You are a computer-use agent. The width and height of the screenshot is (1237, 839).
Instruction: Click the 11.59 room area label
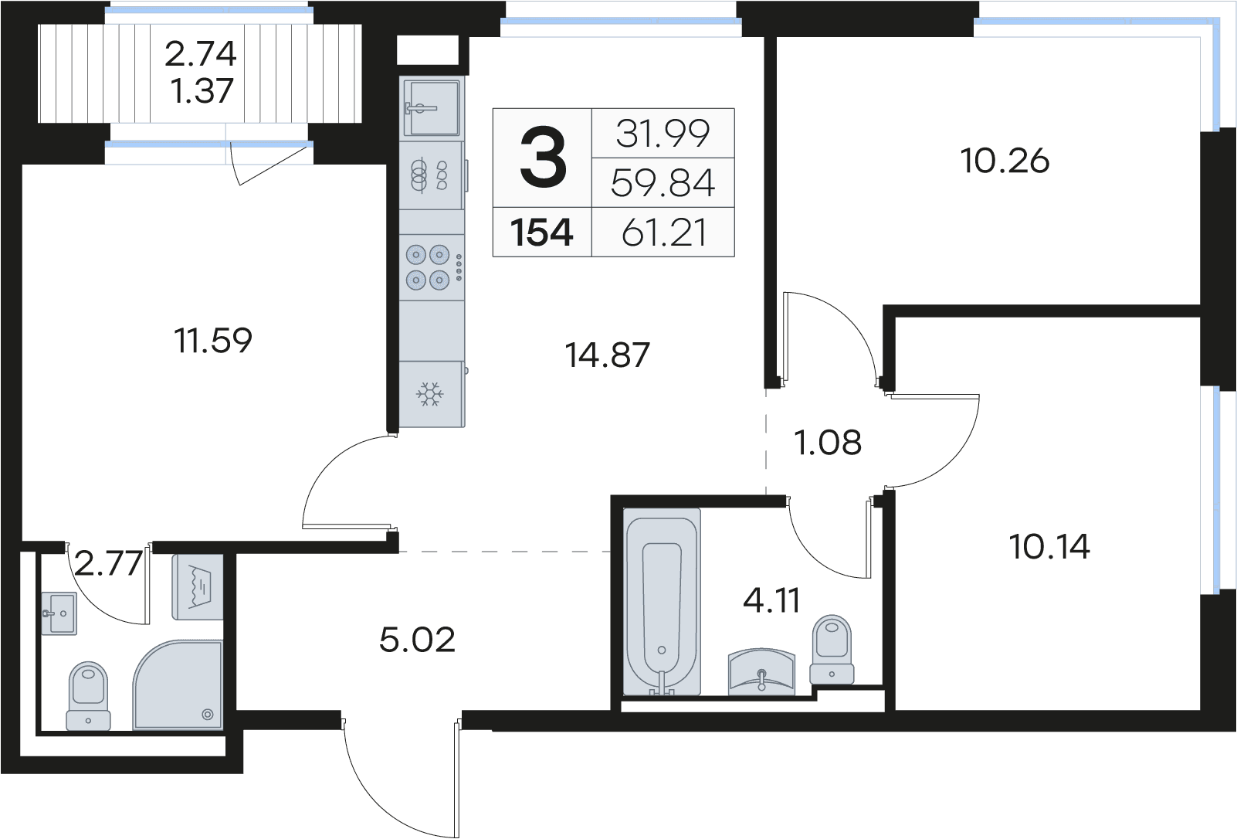click(213, 340)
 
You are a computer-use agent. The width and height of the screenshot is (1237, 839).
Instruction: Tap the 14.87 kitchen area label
click(607, 355)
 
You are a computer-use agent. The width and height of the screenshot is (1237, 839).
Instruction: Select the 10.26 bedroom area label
click(1005, 161)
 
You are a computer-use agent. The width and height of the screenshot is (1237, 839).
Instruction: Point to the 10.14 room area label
click(1049, 547)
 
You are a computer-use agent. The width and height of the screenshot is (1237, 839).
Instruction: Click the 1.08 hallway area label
click(827, 443)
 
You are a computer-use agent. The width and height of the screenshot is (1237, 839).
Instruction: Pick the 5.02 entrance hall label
click(417, 640)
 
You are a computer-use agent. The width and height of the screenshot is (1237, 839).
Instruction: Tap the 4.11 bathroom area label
click(771, 600)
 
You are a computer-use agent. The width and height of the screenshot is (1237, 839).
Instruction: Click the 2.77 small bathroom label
click(108, 564)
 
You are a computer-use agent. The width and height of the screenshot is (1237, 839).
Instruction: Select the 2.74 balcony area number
click(201, 54)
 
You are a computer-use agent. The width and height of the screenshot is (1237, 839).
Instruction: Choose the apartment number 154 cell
click(542, 233)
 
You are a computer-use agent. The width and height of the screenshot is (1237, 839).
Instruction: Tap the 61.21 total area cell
click(663, 233)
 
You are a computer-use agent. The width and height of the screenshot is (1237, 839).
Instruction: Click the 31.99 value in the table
click(663, 134)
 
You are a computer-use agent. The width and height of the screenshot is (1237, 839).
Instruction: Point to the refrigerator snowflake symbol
click(430, 394)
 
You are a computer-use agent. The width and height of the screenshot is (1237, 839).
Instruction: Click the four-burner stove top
click(432, 267)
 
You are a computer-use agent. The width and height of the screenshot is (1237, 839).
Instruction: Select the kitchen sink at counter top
click(432, 108)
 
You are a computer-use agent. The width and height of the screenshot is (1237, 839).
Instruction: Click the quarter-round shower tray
click(178, 685)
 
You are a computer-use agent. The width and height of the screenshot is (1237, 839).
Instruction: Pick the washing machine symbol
click(198, 586)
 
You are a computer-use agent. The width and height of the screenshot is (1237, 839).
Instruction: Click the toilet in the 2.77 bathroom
click(88, 696)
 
